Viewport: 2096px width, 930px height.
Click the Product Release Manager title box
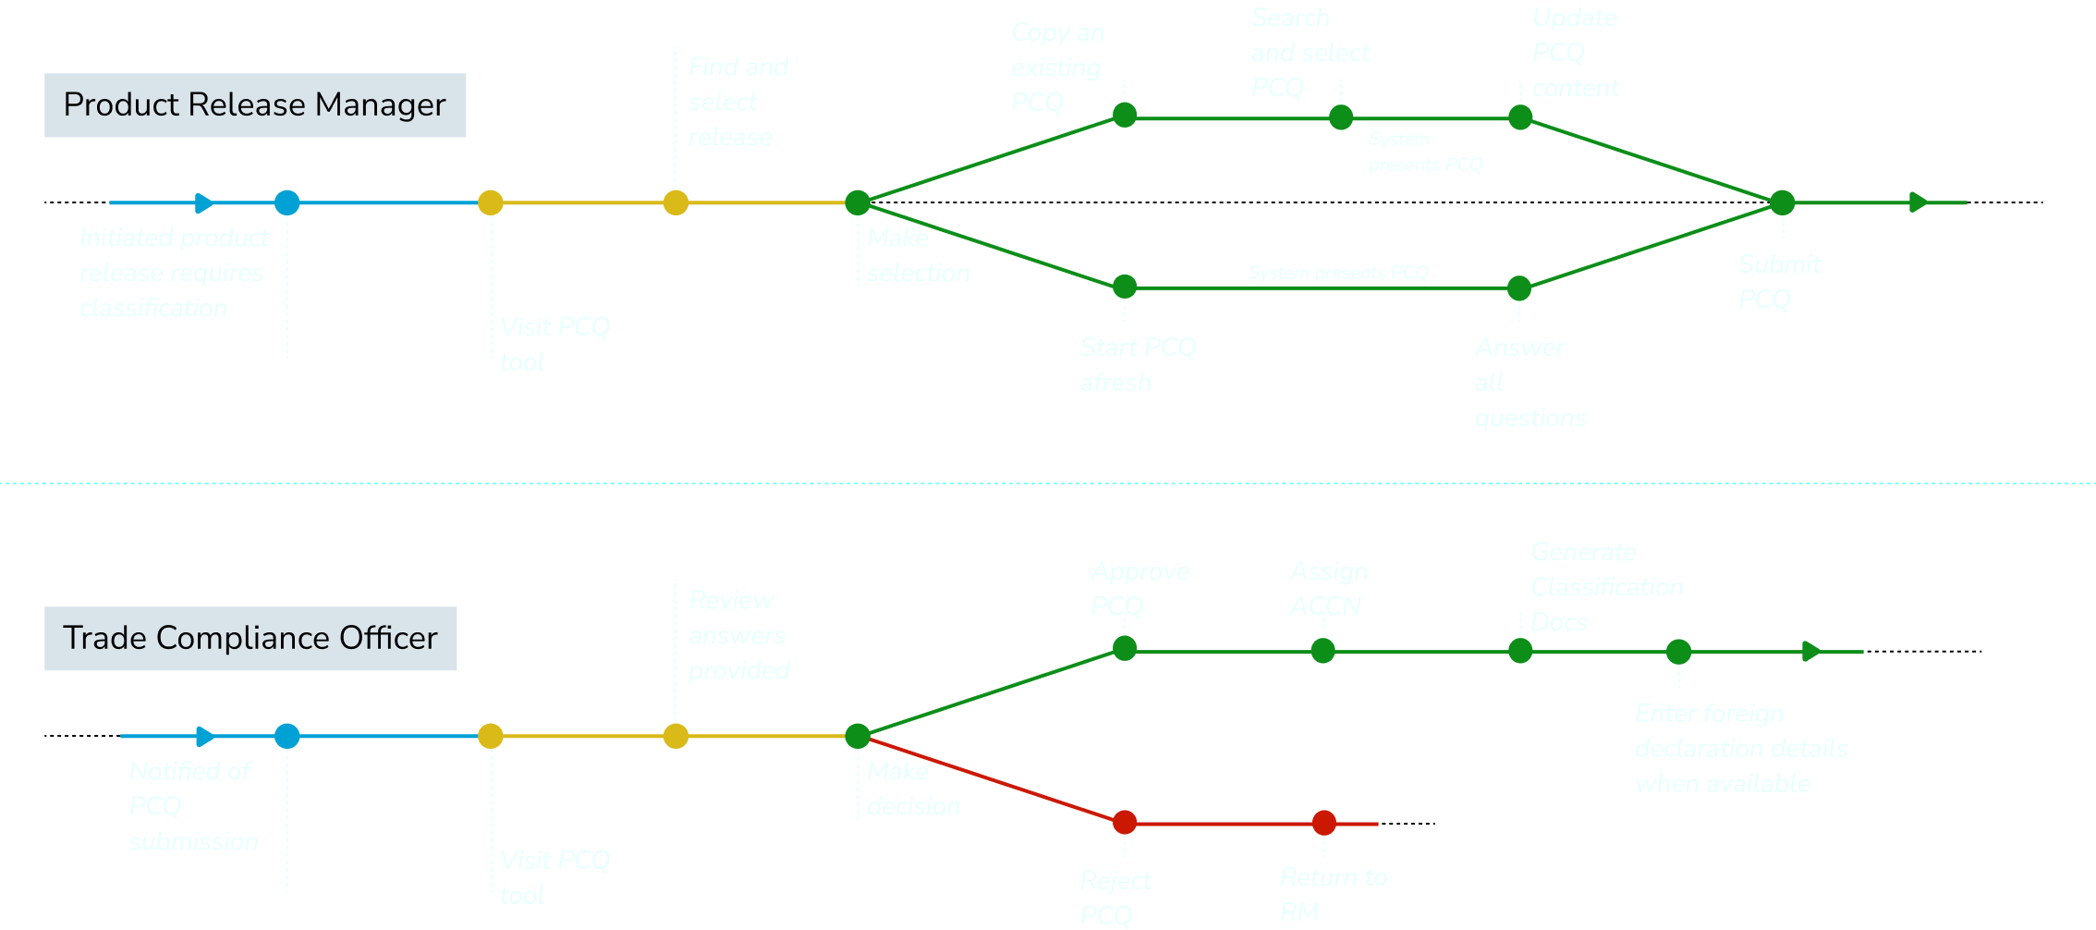(255, 105)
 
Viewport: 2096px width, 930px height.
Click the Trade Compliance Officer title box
(250, 639)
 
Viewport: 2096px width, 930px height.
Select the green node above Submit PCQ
(1782, 202)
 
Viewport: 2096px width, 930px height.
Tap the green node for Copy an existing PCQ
(1124, 115)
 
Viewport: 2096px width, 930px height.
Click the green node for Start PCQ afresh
(1124, 287)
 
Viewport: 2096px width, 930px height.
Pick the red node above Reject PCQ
(1124, 822)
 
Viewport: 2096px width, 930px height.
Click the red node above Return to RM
(1323, 822)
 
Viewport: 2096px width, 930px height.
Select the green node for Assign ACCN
(1322, 651)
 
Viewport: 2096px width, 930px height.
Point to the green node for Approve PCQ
(1124, 648)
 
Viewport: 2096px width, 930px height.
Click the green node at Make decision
(858, 736)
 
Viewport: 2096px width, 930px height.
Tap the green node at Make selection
(858, 202)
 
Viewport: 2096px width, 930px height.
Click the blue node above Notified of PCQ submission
(287, 736)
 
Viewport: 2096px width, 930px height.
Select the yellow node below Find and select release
(676, 202)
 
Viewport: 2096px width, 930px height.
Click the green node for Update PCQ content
(1520, 117)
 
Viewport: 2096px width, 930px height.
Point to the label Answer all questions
(1529, 382)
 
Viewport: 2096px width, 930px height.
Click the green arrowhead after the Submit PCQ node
(1919, 202)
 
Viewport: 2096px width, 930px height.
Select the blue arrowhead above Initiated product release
(204, 202)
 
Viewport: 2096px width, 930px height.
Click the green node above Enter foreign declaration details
(1678, 652)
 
